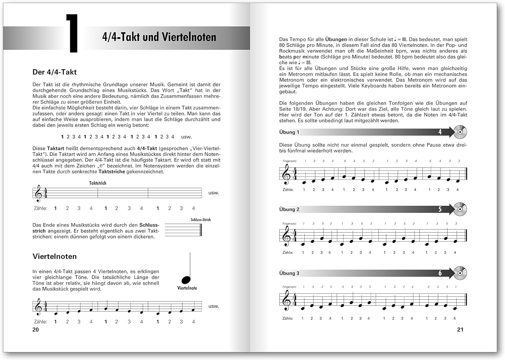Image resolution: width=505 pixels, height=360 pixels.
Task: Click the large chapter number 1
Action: [x=72, y=33]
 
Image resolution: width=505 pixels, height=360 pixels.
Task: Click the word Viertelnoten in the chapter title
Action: [x=189, y=37]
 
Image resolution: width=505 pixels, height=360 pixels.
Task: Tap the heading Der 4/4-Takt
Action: [x=55, y=72]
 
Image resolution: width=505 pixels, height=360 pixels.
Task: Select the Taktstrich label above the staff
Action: [x=98, y=183]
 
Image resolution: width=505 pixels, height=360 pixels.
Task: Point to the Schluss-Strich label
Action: [x=201, y=220]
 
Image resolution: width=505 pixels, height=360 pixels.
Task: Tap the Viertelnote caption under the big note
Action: [x=187, y=288]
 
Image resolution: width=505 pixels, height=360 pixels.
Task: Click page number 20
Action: [x=36, y=330]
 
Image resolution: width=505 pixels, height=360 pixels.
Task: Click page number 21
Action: [x=460, y=330]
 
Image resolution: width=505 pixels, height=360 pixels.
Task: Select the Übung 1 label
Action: [x=289, y=132]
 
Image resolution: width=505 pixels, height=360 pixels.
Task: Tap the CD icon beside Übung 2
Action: [x=460, y=209]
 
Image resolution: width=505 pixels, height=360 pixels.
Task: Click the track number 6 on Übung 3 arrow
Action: [x=440, y=273]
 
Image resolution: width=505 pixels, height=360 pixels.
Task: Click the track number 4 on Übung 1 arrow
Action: [x=440, y=132]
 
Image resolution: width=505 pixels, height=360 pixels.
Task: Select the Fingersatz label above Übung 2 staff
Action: [x=290, y=224]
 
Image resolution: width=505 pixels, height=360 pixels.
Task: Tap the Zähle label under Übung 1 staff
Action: [x=288, y=190]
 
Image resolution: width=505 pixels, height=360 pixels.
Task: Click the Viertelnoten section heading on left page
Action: [x=55, y=256]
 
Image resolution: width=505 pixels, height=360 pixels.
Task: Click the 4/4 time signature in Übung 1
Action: [x=295, y=174]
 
